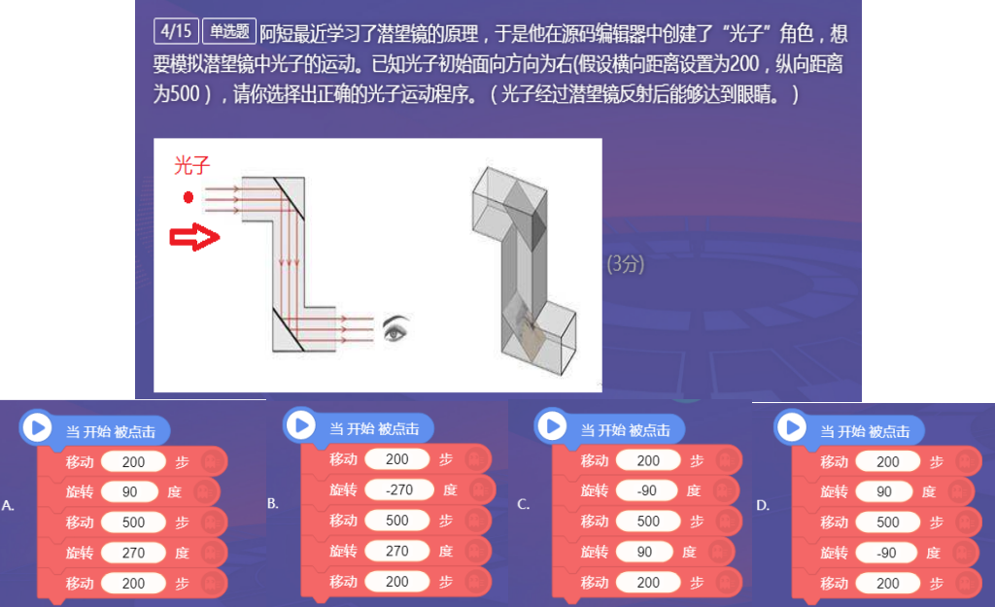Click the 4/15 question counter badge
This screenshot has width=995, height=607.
coord(177,31)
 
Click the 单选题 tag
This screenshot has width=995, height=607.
coord(229,31)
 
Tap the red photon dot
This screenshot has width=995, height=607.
coord(188,198)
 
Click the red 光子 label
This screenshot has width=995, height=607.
coord(191,165)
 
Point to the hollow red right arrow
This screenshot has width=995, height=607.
coord(194,237)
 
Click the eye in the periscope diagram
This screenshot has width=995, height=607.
coord(396,328)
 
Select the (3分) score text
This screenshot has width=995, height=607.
coord(626,264)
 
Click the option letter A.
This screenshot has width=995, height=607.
coord(8,506)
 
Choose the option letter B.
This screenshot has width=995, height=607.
coord(273,504)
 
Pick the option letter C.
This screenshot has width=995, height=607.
coord(524,504)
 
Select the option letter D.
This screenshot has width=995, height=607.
coord(763,506)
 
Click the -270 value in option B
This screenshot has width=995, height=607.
coord(399,489)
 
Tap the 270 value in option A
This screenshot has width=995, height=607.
coord(133,553)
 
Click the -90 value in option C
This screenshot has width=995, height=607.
coord(646,490)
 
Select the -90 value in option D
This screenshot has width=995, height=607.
coord(886,553)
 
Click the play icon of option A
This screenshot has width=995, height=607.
coord(38,427)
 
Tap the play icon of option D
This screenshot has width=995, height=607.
coord(792,427)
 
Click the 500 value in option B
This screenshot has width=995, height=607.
coord(397,521)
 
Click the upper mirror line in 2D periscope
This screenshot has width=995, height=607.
coord(290,198)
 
